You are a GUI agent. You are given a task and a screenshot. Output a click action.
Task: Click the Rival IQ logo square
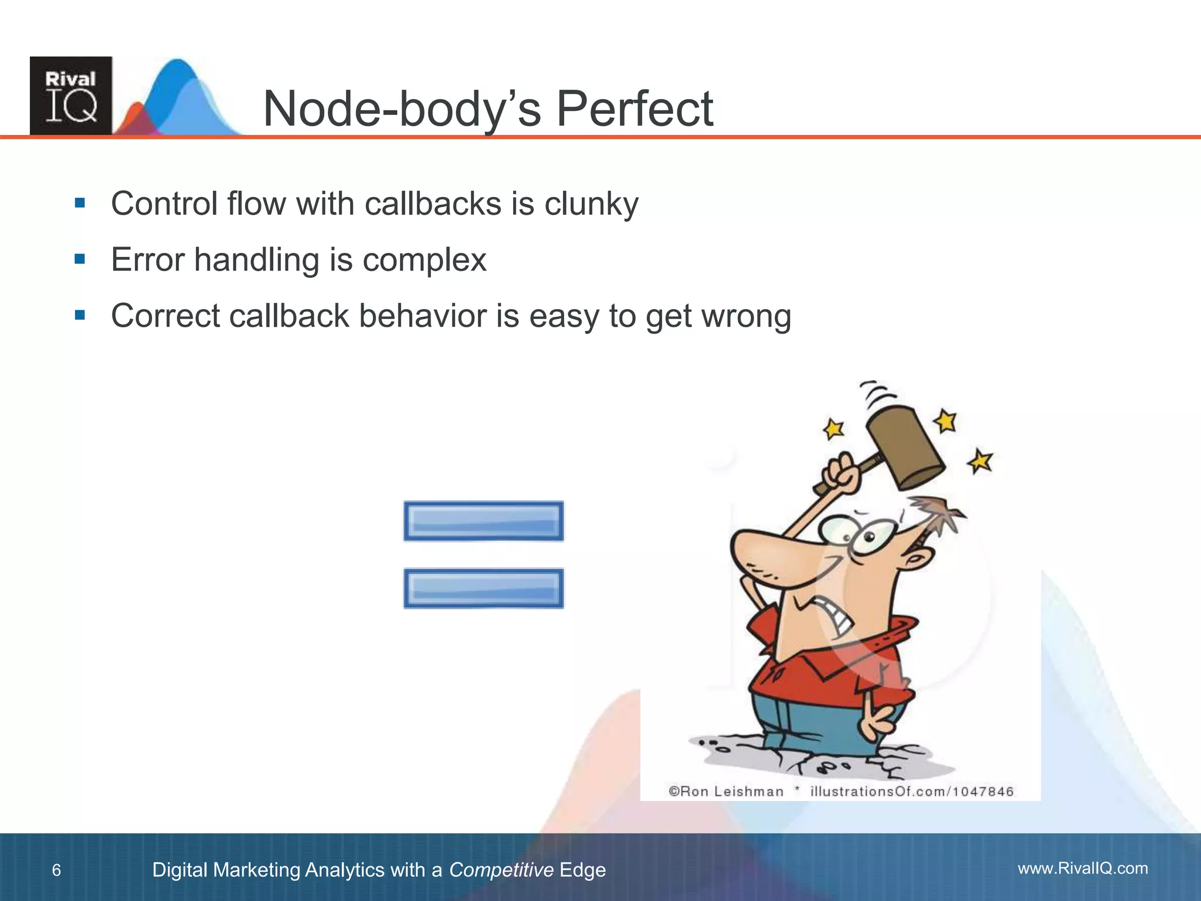pyautogui.click(x=71, y=96)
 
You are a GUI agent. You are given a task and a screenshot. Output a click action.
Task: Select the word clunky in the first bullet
pyautogui.click(x=591, y=205)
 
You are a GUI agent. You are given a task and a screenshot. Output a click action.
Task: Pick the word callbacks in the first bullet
pyautogui.click(x=432, y=204)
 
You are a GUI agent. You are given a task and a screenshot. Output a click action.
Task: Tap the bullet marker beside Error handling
pyautogui.click(x=80, y=259)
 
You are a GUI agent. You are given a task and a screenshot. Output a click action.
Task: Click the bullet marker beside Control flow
pyautogui.click(x=80, y=204)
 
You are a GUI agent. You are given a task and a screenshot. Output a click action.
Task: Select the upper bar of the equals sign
pyautogui.click(x=484, y=521)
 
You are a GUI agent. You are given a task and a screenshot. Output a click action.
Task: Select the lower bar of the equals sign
pyautogui.click(x=484, y=588)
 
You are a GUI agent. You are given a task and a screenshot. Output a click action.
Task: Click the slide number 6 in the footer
pyautogui.click(x=56, y=870)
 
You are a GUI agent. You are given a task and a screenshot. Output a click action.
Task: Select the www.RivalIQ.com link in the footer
pyautogui.click(x=1083, y=868)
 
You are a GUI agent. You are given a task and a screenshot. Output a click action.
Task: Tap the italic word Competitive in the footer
pyautogui.click(x=501, y=870)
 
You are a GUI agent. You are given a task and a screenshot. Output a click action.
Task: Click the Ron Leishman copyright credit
pyautogui.click(x=726, y=791)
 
